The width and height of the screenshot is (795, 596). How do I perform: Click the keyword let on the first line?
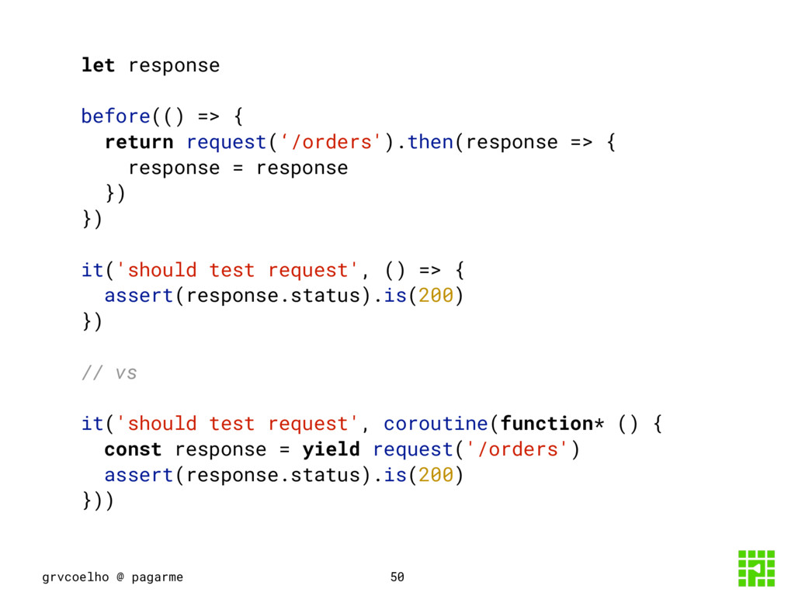click(98, 65)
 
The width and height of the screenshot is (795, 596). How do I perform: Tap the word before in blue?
click(116, 116)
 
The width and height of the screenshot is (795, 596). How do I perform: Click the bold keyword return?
click(139, 142)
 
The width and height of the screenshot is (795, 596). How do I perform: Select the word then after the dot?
click(430, 142)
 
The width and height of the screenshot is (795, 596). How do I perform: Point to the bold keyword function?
click(547, 424)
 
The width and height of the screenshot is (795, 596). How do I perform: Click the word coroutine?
click(436, 424)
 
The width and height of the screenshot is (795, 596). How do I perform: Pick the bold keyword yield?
click(331, 449)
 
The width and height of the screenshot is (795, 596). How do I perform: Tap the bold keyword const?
click(133, 449)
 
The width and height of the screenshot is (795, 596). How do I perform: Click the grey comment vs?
click(126, 373)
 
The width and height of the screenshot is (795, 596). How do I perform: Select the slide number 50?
click(397, 577)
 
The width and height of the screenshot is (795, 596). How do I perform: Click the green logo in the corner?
click(755, 568)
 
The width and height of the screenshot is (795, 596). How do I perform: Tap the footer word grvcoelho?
click(74, 577)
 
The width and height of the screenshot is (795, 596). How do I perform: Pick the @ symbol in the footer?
click(120, 577)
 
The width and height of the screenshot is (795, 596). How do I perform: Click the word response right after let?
click(174, 65)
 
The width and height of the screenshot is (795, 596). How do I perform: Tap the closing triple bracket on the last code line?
click(98, 501)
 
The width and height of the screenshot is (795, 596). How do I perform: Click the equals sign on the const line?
click(284, 449)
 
